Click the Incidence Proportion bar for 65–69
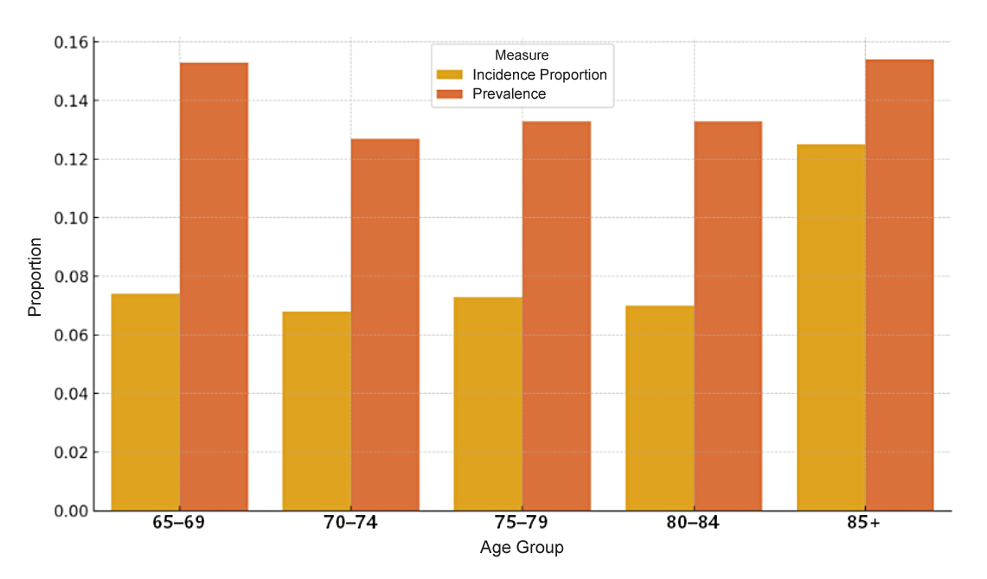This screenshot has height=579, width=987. [145, 402]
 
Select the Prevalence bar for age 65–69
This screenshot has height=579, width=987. [214, 286]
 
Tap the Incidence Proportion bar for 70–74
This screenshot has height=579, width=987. [317, 410]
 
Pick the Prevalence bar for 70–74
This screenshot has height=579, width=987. [385, 325]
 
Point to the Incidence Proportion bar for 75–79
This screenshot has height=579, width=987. [488, 403]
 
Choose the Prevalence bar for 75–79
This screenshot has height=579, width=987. [556, 316]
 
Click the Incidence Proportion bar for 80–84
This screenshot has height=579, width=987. [659, 408]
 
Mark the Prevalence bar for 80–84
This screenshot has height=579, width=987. [727, 316]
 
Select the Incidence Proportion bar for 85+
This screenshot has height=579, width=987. [830, 327]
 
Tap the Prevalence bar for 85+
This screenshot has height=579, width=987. [899, 285]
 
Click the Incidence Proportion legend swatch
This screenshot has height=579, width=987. [450, 74]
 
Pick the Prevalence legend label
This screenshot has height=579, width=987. [509, 93]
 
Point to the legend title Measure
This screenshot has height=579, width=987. [522, 55]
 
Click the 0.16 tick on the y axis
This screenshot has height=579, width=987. [72, 42]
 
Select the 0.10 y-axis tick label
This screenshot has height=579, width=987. [72, 218]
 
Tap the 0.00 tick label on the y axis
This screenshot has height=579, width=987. [72, 511]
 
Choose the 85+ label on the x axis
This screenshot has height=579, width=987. [865, 523]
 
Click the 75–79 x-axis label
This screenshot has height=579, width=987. [522, 523]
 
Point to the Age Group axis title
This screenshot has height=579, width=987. [522, 548]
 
